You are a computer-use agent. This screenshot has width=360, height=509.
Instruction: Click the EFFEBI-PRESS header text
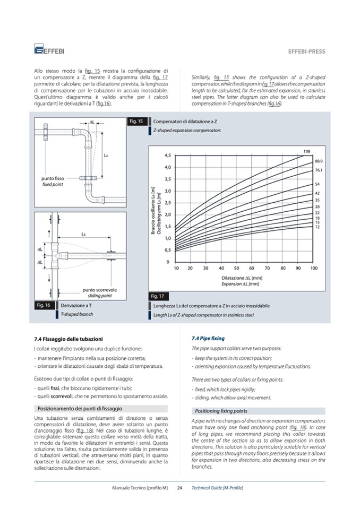coord(306,51)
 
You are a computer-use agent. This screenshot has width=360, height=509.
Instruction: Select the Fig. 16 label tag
coord(43,305)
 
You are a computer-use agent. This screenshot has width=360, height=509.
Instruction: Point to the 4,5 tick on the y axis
coord(167,156)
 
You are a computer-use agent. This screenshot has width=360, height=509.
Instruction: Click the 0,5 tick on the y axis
coord(167,250)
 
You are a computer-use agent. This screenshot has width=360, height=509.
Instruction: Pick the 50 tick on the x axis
coord(237,269)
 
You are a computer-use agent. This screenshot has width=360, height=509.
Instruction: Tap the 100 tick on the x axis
coord(314,269)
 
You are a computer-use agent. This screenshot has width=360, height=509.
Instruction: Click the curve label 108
coord(307,152)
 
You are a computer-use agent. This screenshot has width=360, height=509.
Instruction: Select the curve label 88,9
coord(319,161)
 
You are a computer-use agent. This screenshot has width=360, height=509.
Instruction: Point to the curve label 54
coord(317,184)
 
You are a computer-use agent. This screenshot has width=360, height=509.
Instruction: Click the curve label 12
coord(317,227)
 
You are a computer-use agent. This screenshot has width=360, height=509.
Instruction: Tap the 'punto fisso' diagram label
coord(53,178)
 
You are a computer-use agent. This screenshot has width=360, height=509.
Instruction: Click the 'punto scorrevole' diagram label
coord(100,290)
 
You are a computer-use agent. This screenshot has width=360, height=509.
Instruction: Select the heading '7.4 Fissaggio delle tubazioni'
coord(68,339)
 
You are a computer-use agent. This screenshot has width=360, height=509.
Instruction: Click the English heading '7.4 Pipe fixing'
coord(208,338)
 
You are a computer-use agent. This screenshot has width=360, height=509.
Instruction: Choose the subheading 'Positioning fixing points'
coord(221,411)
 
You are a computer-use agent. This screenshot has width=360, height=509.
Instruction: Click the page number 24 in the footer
coord(179,487)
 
